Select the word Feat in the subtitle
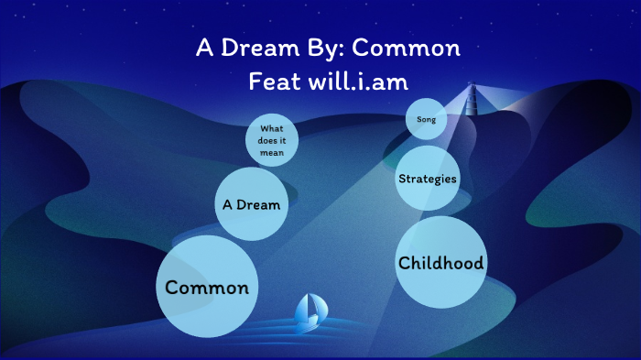coord(273,82)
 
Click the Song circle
coord(426,120)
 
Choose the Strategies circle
coord(428,178)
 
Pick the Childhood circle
coord(440,263)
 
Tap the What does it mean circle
coord(272,140)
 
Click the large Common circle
coord(206,288)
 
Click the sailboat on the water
coord(309,313)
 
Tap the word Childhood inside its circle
coord(440,263)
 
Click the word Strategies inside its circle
coord(428,178)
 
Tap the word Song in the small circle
coord(426,120)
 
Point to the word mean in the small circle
coord(272,153)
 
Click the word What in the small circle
coord(272,128)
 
